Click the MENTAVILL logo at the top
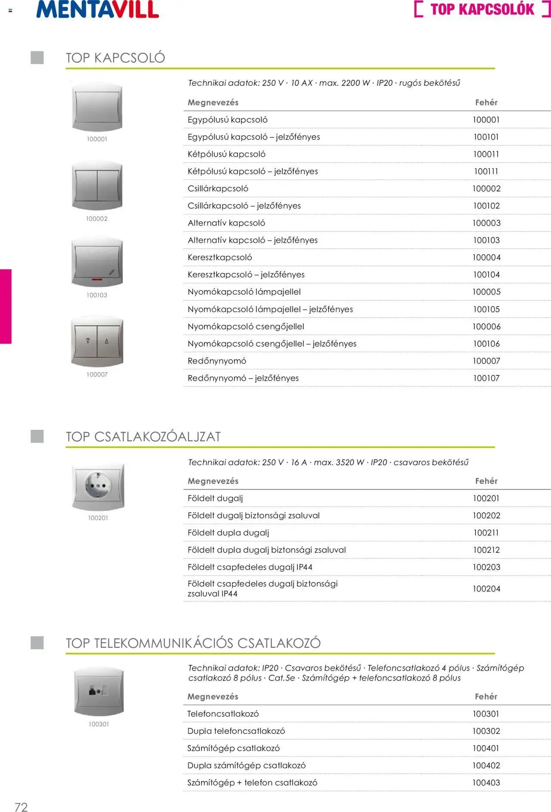pyautogui.click(x=98, y=9)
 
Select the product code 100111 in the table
pyautogui.click(x=486, y=171)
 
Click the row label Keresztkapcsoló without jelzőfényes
pyautogui.click(x=220, y=258)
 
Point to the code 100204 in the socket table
pyautogui.click(x=486, y=589)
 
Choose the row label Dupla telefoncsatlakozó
pyautogui.click(x=236, y=731)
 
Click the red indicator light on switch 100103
pyautogui.click(x=97, y=280)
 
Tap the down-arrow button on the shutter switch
pyautogui.click(x=88, y=341)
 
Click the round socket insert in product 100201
pyautogui.click(x=98, y=485)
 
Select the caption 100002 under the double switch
pyautogui.click(x=97, y=219)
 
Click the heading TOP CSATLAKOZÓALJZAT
pyautogui.click(x=143, y=437)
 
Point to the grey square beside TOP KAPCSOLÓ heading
pyautogui.click(x=37, y=58)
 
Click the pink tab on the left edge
pyautogui.click(x=6, y=306)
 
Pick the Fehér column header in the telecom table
pyautogui.click(x=486, y=697)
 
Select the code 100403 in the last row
pyautogui.click(x=486, y=783)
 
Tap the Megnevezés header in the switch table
pyautogui.click(x=213, y=103)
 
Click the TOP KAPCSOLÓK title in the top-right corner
pyautogui.click(x=482, y=9)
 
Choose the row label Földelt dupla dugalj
pyautogui.click(x=228, y=533)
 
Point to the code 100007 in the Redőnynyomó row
pyautogui.click(x=486, y=361)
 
